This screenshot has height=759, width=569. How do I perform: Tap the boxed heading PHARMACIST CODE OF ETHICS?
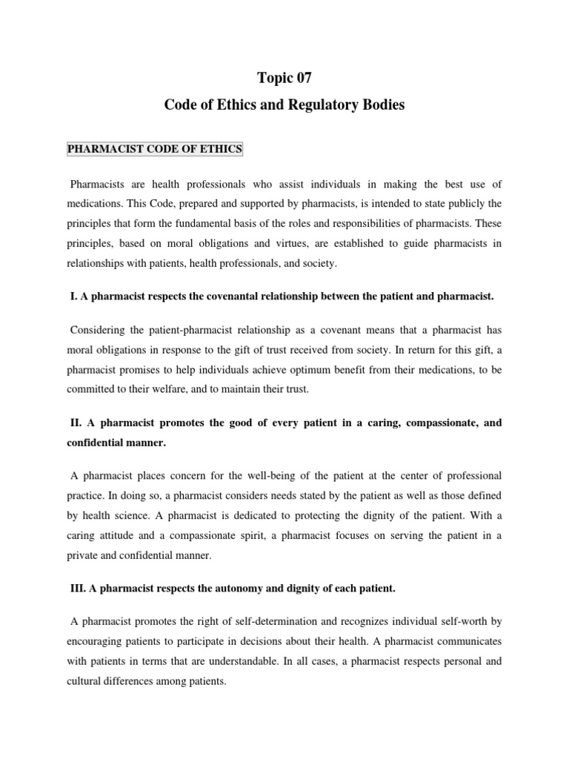point(155,149)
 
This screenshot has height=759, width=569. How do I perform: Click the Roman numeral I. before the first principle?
point(73,296)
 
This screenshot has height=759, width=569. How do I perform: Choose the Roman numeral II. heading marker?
point(76,422)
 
